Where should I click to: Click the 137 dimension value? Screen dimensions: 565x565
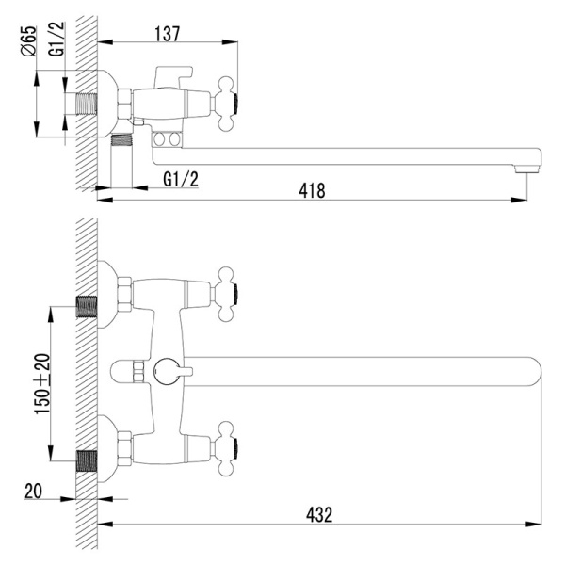[x=168, y=34]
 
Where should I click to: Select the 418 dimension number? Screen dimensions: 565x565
[x=312, y=191]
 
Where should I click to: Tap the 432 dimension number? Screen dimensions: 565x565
[x=319, y=515]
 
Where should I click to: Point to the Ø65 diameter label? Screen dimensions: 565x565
[x=29, y=41]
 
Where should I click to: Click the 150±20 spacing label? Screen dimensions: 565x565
[x=42, y=384]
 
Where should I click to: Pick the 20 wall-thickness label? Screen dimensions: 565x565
[x=33, y=491]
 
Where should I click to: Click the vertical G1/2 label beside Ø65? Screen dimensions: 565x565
[x=56, y=39]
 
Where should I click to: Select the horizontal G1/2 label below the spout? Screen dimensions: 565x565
[x=181, y=179]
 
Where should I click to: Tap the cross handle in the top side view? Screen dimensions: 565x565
[x=225, y=103]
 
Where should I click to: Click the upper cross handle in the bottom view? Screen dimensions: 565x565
[x=225, y=294]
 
